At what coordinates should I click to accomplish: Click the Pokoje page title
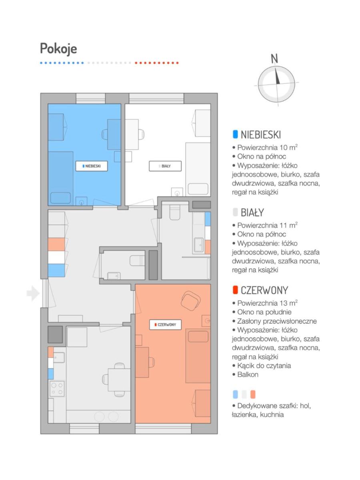point(58,49)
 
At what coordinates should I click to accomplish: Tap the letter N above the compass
point(274,59)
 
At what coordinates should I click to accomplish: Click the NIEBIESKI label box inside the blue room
point(92,166)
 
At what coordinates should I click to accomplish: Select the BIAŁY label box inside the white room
point(165,166)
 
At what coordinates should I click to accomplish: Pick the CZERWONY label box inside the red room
point(166,325)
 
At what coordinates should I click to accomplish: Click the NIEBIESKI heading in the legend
point(261,134)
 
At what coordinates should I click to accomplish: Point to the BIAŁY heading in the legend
point(252,212)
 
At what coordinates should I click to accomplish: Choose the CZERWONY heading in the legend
point(264,290)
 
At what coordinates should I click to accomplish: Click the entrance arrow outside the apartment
point(33,293)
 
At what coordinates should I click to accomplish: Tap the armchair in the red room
point(191,301)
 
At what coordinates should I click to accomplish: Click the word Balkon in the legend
point(248,374)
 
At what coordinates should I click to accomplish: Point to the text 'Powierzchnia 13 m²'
point(267,303)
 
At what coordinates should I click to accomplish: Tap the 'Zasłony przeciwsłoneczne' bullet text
point(277,321)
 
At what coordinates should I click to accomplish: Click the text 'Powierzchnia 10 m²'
point(267,147)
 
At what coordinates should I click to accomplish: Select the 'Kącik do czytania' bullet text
point(264,366)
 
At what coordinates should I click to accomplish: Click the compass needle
point(277,76)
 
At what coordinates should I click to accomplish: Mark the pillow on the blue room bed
point(60,198)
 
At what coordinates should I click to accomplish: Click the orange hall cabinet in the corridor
point(56,244)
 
